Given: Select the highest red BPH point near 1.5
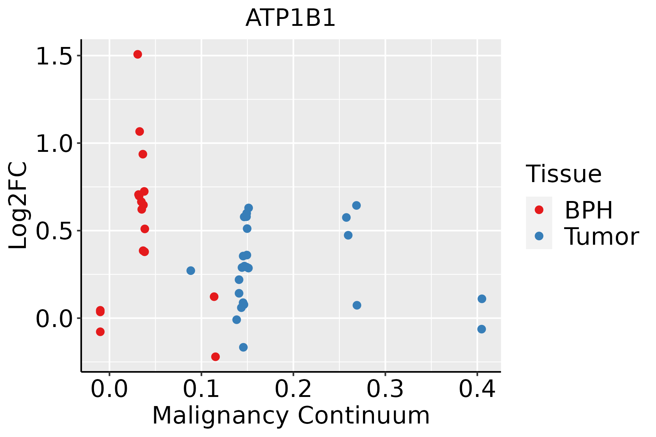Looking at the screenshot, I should coord(137,54).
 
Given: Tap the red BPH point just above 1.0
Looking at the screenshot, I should coord(140,131).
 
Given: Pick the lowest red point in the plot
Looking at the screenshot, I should coord(215,357).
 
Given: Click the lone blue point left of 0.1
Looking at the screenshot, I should coord(191,271).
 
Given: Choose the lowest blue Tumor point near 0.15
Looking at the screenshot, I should coord(243,347).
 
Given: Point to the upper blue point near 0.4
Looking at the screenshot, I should coord(482,299).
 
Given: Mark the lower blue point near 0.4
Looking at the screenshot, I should coord(481,329).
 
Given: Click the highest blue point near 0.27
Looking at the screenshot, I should coord(356,205).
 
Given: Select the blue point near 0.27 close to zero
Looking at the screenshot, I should coord(357,305).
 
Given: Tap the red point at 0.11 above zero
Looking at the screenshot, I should coord(214,297).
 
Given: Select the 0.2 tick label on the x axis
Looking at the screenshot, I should coord(293,389).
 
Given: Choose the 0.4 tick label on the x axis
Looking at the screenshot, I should coord(477,389).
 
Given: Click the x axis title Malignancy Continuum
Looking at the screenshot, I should coord(291,416).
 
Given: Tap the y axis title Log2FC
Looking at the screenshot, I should coord(18,206).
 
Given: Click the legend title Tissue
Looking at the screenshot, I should coord(564,174).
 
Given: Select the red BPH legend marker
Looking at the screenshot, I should coord(539,210).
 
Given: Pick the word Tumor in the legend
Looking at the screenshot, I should coord(602,237).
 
